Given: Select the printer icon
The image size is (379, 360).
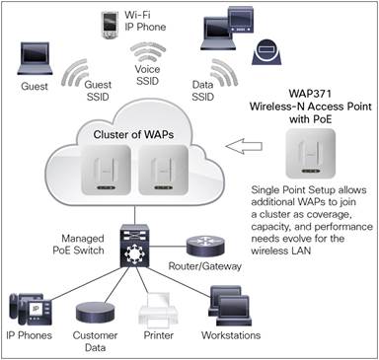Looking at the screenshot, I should click(x=157, y=312).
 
